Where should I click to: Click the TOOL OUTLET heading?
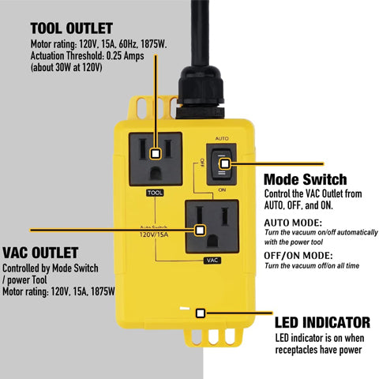tap(71, 28)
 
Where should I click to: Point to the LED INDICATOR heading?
tap(322, 322)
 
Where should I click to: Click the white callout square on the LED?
tap(201, 313)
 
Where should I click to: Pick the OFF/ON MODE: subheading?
tap(296, 256)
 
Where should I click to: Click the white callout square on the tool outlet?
tap(156, 153)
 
